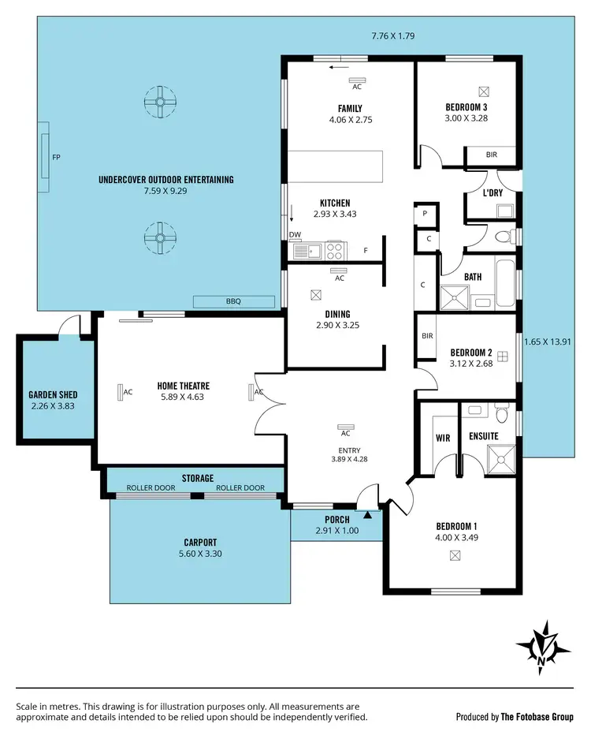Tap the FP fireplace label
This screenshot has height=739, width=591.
tap(56, 157)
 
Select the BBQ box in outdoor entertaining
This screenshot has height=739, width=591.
tap(233, 301)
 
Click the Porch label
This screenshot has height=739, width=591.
tap(337, 520)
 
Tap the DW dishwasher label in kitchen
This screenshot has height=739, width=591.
tap(295, 234)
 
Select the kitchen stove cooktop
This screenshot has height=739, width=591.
tap(335, 252)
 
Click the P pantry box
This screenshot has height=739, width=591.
tap(425, 213)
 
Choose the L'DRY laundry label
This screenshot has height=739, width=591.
tap(492, 192)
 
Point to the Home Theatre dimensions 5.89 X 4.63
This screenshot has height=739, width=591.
tap(182, 397)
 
